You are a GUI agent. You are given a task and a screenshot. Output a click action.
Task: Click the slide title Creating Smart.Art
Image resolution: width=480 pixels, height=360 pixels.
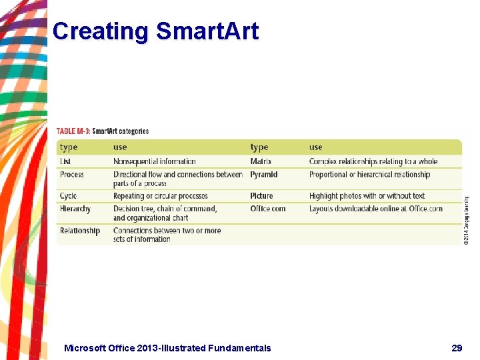[155, 31]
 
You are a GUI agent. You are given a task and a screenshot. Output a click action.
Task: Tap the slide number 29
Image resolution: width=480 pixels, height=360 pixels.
[457, 347]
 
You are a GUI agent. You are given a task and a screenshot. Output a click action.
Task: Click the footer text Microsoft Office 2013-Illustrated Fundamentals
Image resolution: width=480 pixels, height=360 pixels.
[167, 347]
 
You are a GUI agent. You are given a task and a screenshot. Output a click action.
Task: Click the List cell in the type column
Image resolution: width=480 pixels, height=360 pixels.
[65, 161]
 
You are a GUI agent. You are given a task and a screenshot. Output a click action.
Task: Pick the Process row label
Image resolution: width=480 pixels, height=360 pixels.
[72, 175]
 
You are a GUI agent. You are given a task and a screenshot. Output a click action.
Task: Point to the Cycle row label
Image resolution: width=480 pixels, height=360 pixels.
[68, 196]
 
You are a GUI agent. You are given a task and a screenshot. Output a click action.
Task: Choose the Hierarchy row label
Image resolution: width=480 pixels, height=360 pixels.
[75, 209]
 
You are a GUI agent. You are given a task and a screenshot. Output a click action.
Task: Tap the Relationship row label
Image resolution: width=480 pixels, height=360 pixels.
[79, 231]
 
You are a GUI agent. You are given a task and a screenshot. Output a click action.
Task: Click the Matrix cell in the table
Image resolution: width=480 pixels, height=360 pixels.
[261, 161]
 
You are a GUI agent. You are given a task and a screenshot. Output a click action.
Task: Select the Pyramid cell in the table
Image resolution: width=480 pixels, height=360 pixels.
[264, 175]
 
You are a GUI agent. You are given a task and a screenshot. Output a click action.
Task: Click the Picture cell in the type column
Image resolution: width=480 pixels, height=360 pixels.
[261, 196]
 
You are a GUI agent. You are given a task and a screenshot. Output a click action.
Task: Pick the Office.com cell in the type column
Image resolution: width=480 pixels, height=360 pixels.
[267, 209]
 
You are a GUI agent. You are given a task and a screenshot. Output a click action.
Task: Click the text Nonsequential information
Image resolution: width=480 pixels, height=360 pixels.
[155, 161]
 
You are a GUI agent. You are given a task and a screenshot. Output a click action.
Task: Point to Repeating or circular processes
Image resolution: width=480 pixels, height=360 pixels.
[161, 196]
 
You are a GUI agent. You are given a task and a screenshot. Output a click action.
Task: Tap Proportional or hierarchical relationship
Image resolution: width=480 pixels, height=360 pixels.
[369, 175]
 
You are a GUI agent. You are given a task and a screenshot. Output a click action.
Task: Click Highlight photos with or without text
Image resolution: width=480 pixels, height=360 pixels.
[367, 196]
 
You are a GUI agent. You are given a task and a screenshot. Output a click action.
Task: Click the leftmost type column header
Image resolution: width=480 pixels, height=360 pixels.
[69, 147]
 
